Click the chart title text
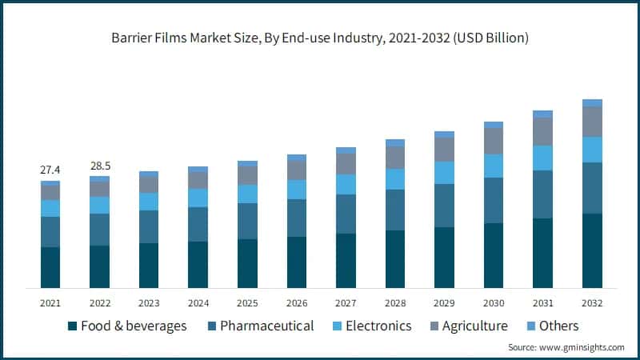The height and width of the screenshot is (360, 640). [x=320, y=38]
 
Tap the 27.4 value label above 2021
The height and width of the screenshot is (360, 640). [x=50, y=170]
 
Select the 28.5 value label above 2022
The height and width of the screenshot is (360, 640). [x=99, y=166]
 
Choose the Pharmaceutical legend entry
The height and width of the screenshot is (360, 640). [x=259, y=326]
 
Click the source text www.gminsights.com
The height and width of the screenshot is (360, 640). [x=566, y=347]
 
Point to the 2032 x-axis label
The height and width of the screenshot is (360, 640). [x=592, y=303]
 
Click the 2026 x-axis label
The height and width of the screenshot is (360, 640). [x=296, y=303]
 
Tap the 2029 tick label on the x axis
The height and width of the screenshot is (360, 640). [x=444, y=303]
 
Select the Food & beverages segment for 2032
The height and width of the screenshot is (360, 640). [x=592, y=250]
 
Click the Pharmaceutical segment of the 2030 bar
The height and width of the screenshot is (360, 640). [x=494, y=200]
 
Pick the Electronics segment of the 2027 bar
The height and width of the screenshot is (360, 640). [x=346, y=184]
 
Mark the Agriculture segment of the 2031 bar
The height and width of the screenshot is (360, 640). [x=543, y=131]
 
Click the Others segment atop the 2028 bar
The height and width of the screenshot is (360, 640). [x=395, y=142]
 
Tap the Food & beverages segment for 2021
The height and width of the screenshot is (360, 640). [x=50, y=267]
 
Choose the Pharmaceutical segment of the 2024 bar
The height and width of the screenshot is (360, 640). [x=198, y=224]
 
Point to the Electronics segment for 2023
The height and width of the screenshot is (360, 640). [x=149, y=202]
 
